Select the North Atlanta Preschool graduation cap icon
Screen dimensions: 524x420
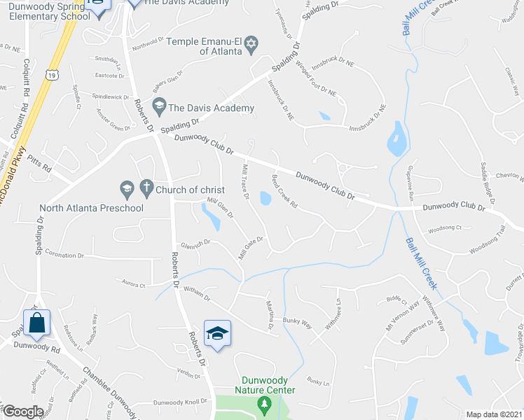(x=126, y=188)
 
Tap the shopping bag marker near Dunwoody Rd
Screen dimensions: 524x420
(x=37, y=323)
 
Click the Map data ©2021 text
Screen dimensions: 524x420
(x=494, y=414)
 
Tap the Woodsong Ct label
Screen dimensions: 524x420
(x=445, y=227)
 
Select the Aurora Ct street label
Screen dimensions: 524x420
(x=133, y=285)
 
